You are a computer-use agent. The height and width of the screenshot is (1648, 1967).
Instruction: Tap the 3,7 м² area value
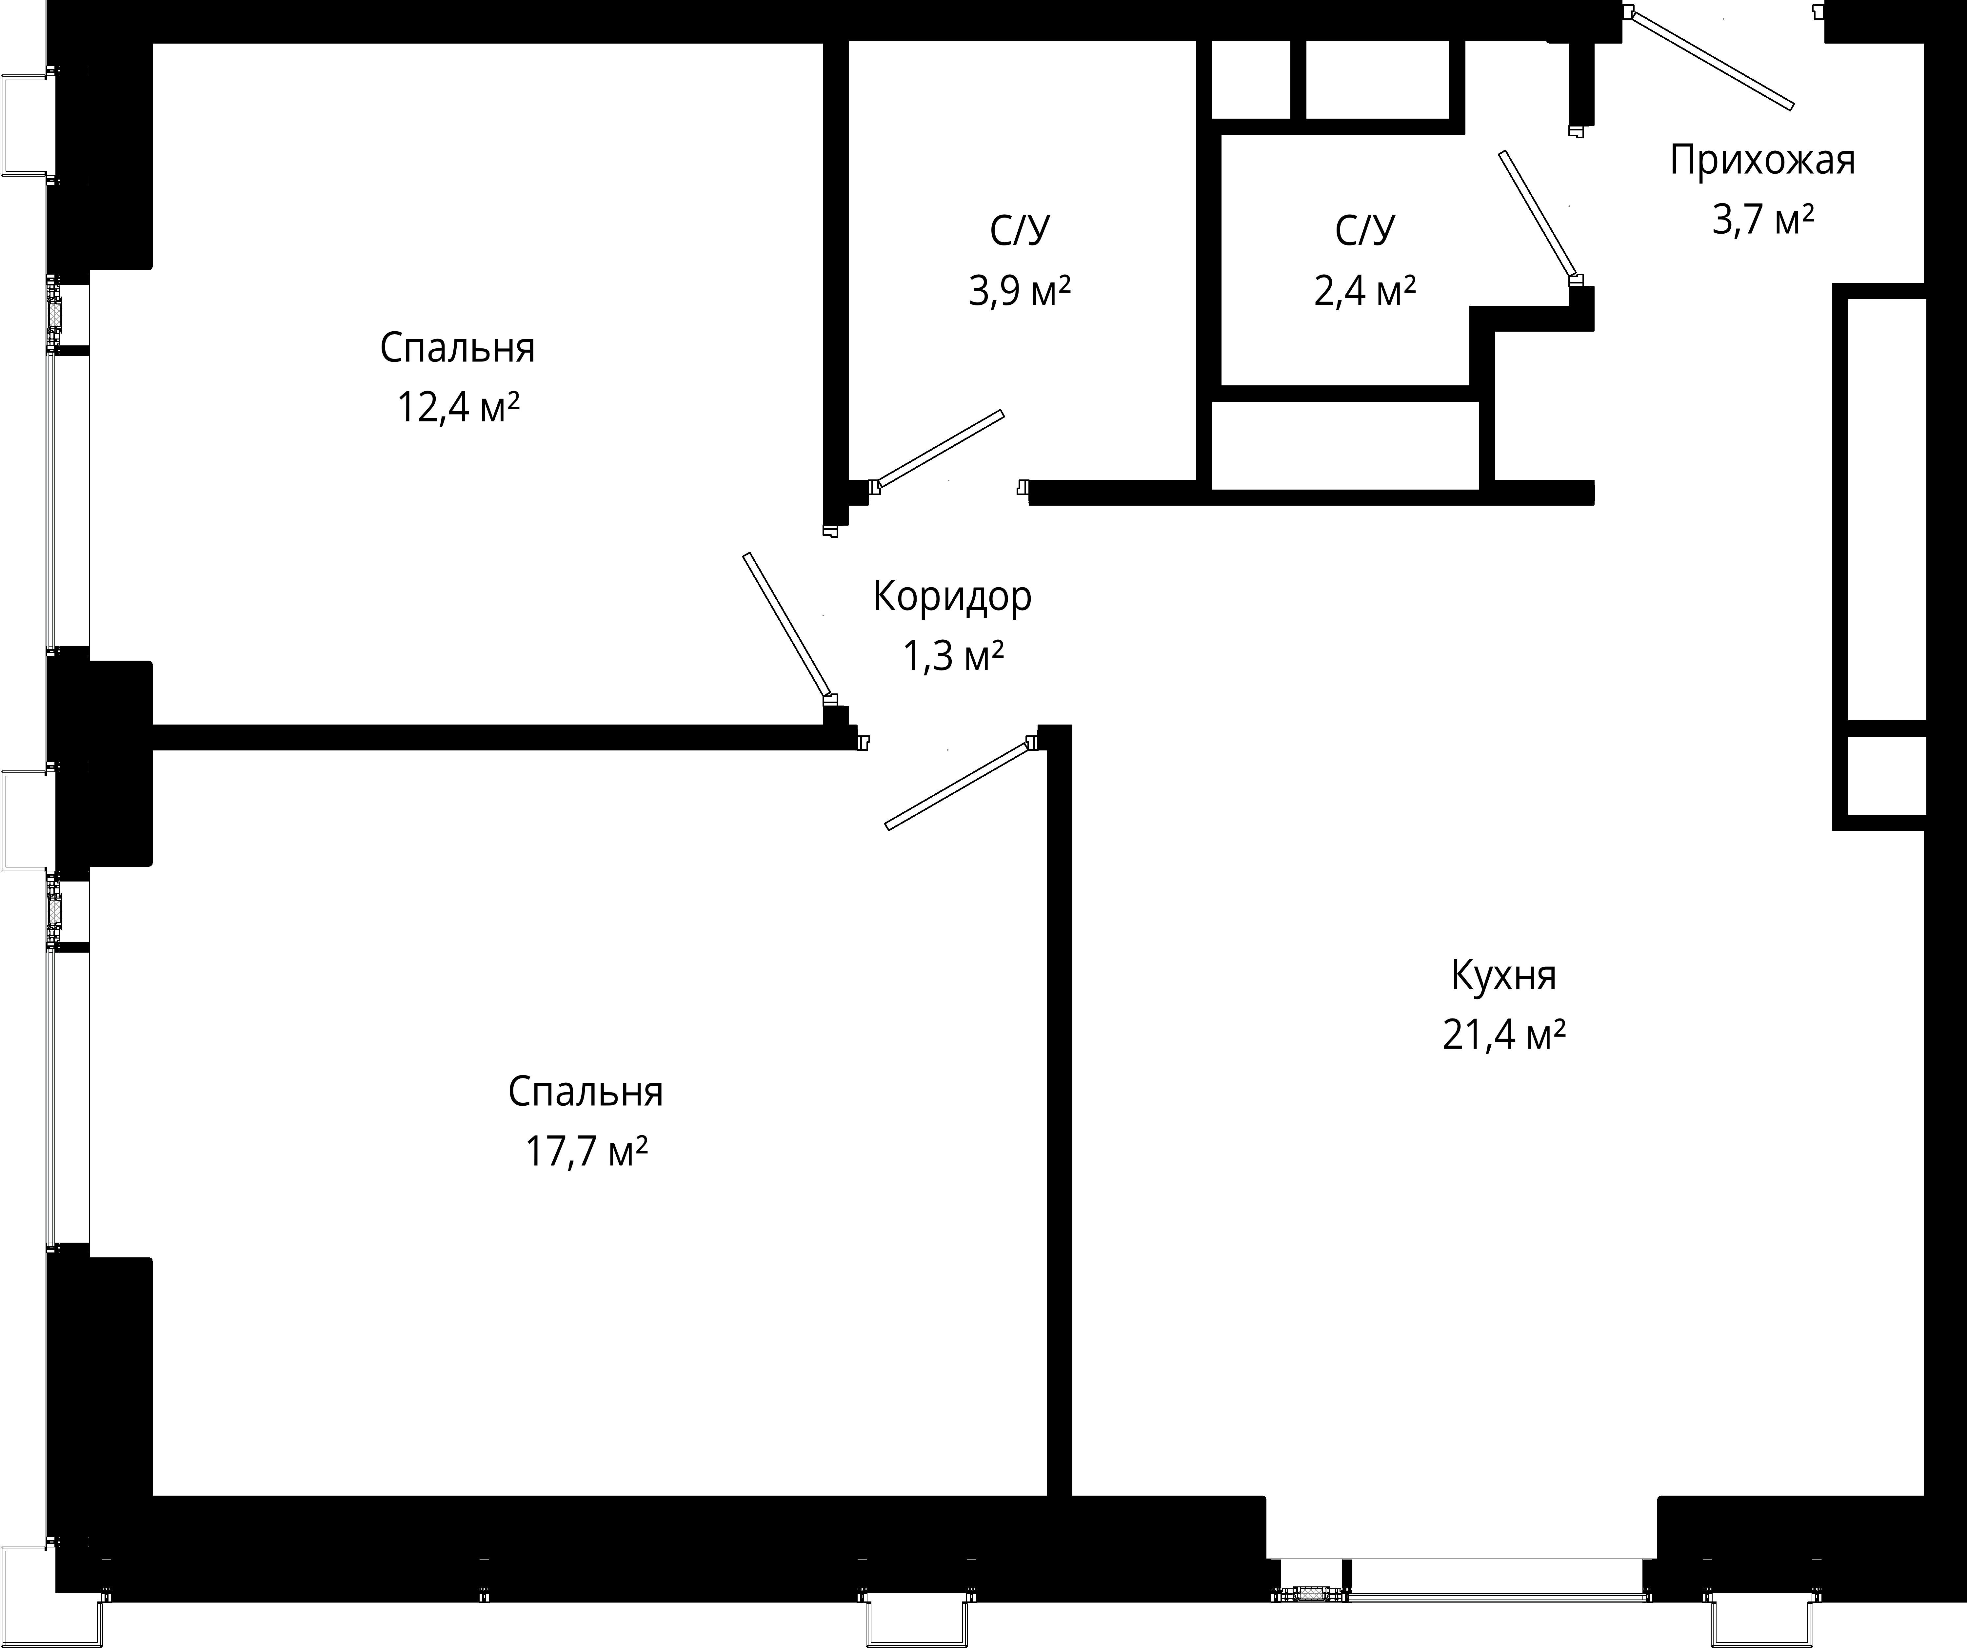[1763, 220]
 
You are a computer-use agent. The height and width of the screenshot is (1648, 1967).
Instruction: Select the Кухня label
[1503, 976]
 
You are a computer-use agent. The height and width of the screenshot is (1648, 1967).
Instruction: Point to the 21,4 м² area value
[1504, 1036]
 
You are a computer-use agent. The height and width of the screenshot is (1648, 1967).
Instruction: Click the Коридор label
[953, 596]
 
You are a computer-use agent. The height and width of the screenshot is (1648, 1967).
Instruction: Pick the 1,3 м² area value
[953, 656]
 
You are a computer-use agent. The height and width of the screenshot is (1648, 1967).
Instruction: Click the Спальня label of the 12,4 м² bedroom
[457, 348]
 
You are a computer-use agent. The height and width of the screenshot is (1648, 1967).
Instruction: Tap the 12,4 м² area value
[458, 407]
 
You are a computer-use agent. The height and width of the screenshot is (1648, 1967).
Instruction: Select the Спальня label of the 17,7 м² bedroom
[586, 1092]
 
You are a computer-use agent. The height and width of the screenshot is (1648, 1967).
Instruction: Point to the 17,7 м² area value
[586, 1151]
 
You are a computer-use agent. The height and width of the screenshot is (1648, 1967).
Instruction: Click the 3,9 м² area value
[1019, 291]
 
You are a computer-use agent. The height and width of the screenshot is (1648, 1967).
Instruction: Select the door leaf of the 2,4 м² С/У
[1537, 215]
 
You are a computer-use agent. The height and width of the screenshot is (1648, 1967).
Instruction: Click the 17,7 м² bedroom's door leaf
[957, 786]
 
